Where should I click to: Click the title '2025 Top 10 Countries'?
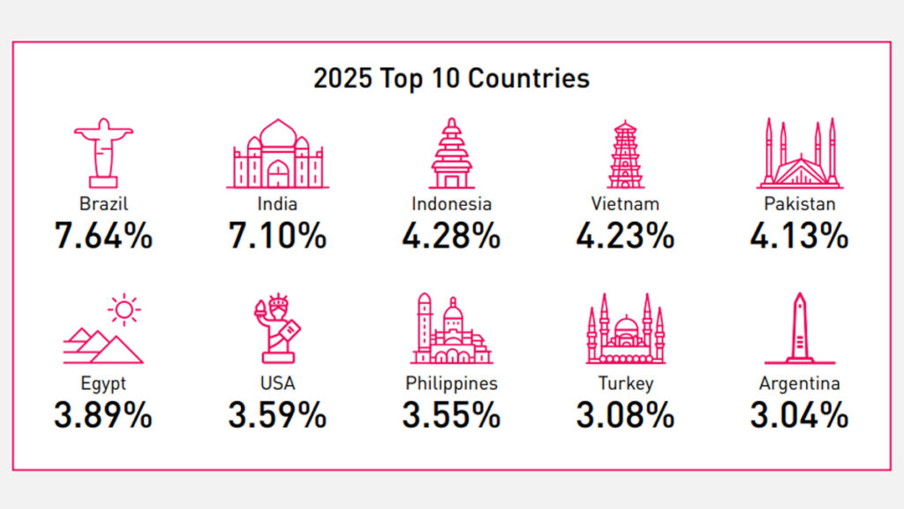[451, 79]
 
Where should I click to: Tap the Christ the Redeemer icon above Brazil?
[103, 151]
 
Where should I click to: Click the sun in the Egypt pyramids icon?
[124, 309]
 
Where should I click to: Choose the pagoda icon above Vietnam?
[625, 154]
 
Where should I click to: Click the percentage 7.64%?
[103, 236]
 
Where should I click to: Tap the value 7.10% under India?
[277, 236]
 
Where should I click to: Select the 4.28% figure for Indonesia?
[451, 236]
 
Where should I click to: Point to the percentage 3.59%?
[277, 414]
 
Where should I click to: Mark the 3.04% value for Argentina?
[800, 414]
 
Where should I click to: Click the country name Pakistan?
[800, 204]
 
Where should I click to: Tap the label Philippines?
[451, 384]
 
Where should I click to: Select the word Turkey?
[625, 384]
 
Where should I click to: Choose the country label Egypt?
[103, 384]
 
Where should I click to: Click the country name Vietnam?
[625, 204]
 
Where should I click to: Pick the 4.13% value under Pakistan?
[800, 236]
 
